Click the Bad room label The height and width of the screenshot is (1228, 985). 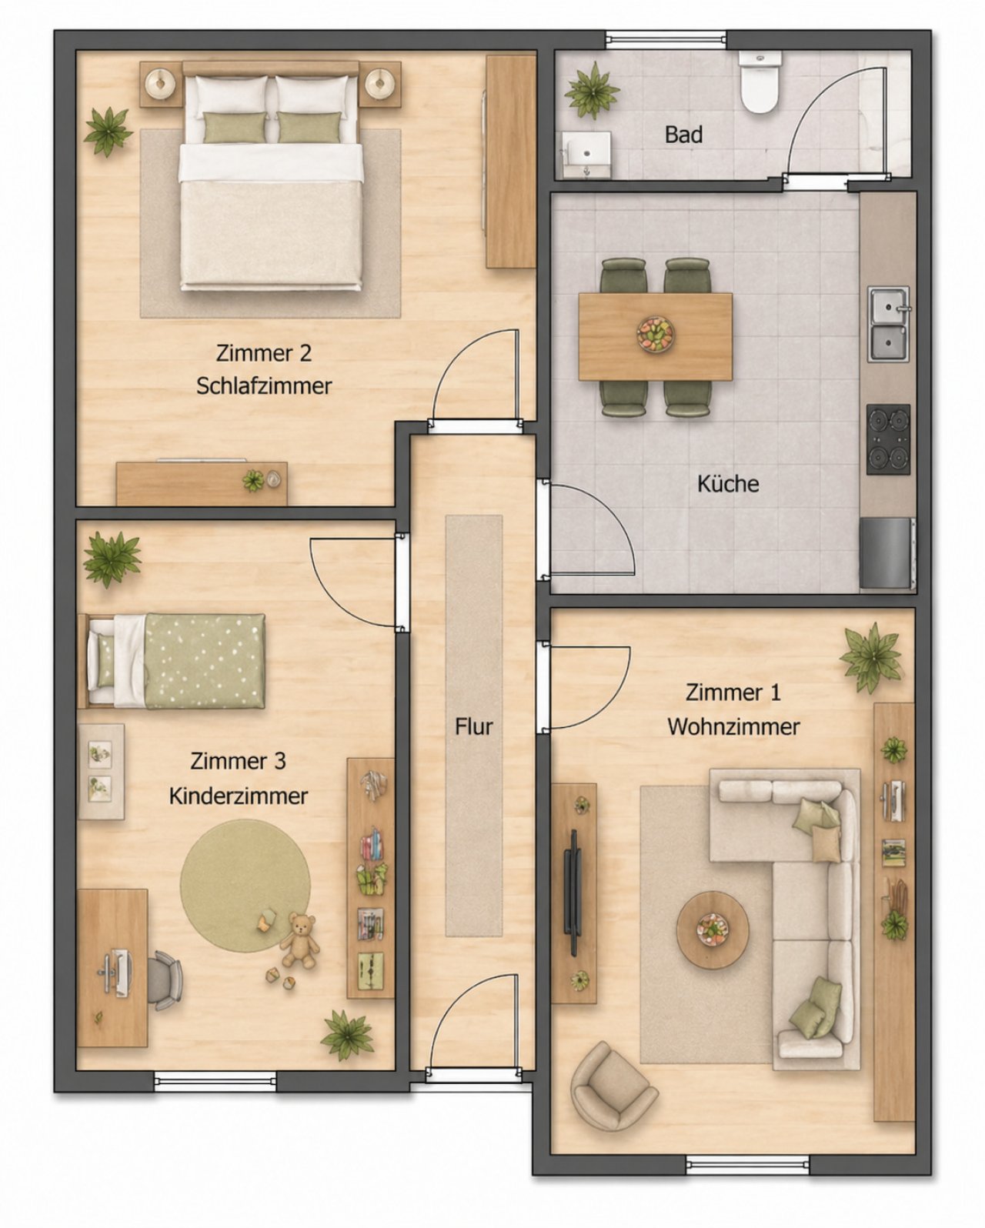tap(683, 135)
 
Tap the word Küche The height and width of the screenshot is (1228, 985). tap(728, 484)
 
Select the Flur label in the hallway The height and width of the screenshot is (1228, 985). tap(474, 726)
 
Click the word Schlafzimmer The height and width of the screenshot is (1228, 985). tap(264, 385)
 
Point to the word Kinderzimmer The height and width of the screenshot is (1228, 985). tap(238, 796)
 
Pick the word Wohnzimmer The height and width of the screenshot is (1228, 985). tap(733, 727)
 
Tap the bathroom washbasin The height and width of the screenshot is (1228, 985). tap(586, 155)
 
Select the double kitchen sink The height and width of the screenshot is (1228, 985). tap(889, 324)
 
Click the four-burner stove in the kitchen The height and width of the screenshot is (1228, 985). tap(888, 439)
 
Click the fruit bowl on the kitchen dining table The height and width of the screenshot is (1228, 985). tap(655, 334)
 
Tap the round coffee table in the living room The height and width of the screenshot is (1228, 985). tap(713, 931)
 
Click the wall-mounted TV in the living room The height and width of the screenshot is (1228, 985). tap(573, 893)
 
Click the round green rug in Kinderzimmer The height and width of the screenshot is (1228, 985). tap(245, 886)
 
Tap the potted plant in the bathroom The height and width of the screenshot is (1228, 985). tap(592, 90)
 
